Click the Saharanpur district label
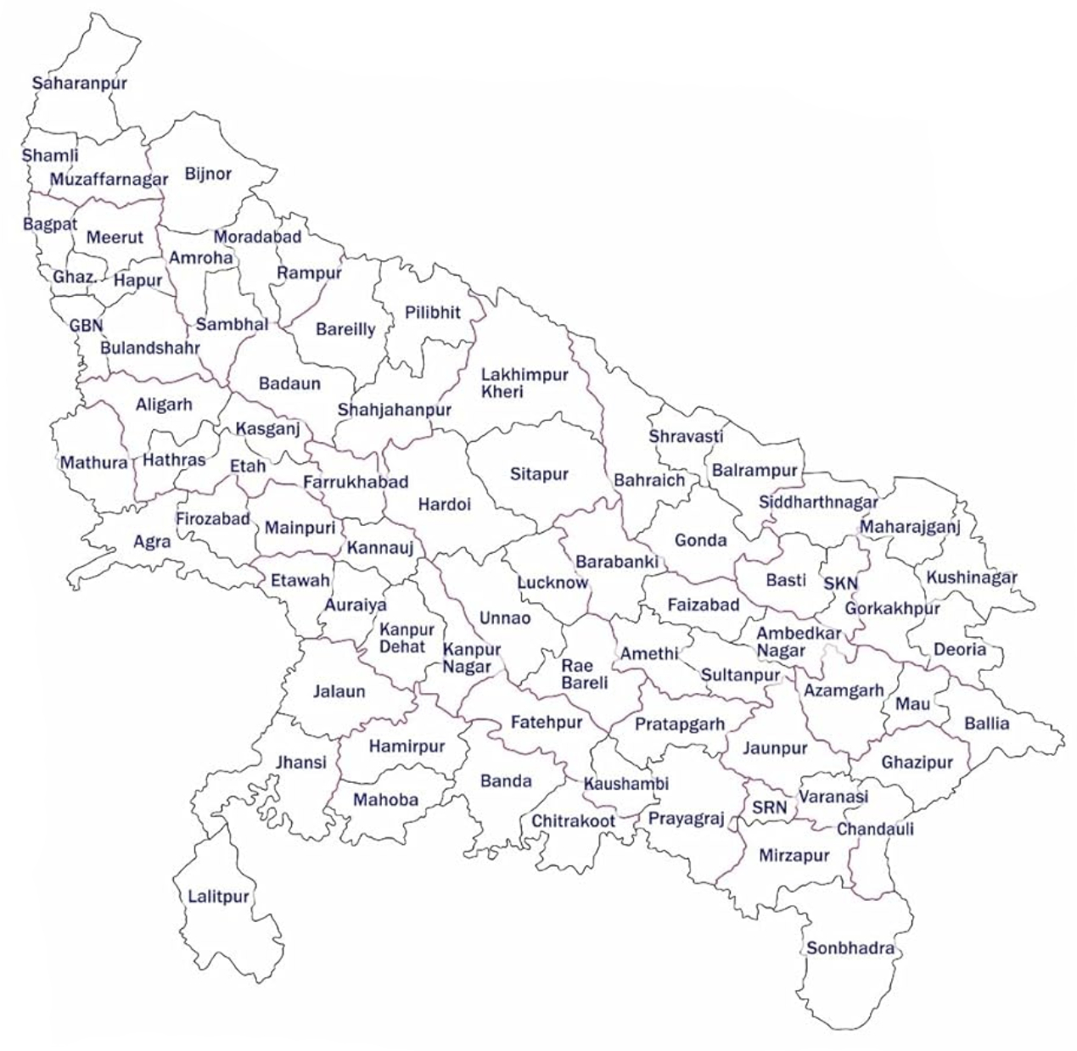click(79, 83)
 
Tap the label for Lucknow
click(553, 583)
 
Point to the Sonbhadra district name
click(850, 948)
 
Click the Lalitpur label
click(218, 897)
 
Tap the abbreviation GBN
click(86, 326)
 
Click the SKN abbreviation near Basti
click(840, 584)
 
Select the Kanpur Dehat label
click(407, 638)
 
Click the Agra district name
click(152, 540)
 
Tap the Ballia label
click(987, 724)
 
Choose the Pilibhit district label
click(433, 312)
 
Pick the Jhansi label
click(300, 762)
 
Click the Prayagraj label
click(686, 819)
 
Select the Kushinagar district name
click(971, 578)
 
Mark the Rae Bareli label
click(585, 674)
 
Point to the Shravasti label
click(686, 436)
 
